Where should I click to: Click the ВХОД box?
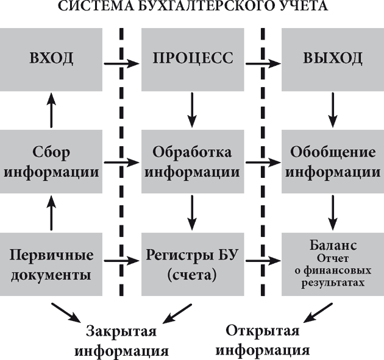[x=51, y=58]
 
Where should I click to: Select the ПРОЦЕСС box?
[x=193, y=58]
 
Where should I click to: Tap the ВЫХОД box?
[x=332, y=58]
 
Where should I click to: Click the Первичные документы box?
[x=51, y=263]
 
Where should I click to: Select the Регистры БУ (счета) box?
[x=193, y=263]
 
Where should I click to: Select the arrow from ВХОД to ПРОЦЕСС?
[x=121, y=62]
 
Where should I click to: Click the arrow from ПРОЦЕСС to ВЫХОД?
[x=262, y=62]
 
